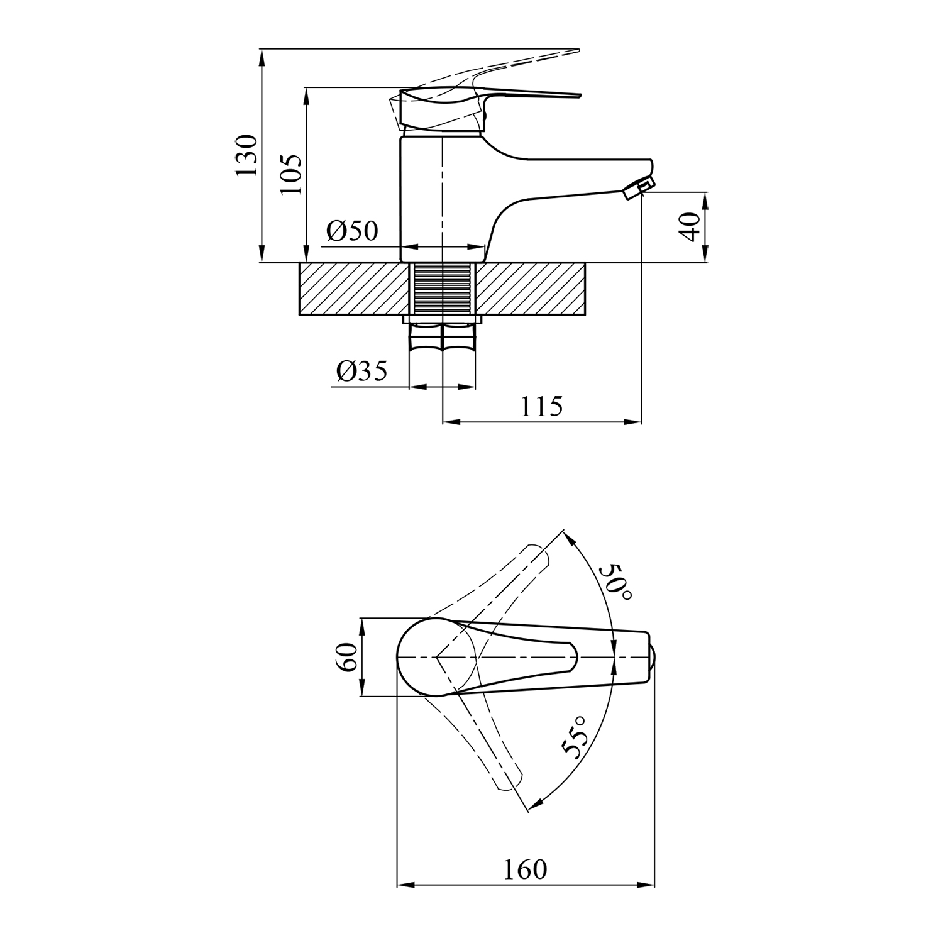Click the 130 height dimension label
(x=246, y=155)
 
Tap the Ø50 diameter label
(x=353, y=231)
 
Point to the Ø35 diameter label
(x=362, y=372)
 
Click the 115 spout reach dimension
(x=541, y=407)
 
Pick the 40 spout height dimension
(x=690, y=227)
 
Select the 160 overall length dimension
(x=525, y=869)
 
